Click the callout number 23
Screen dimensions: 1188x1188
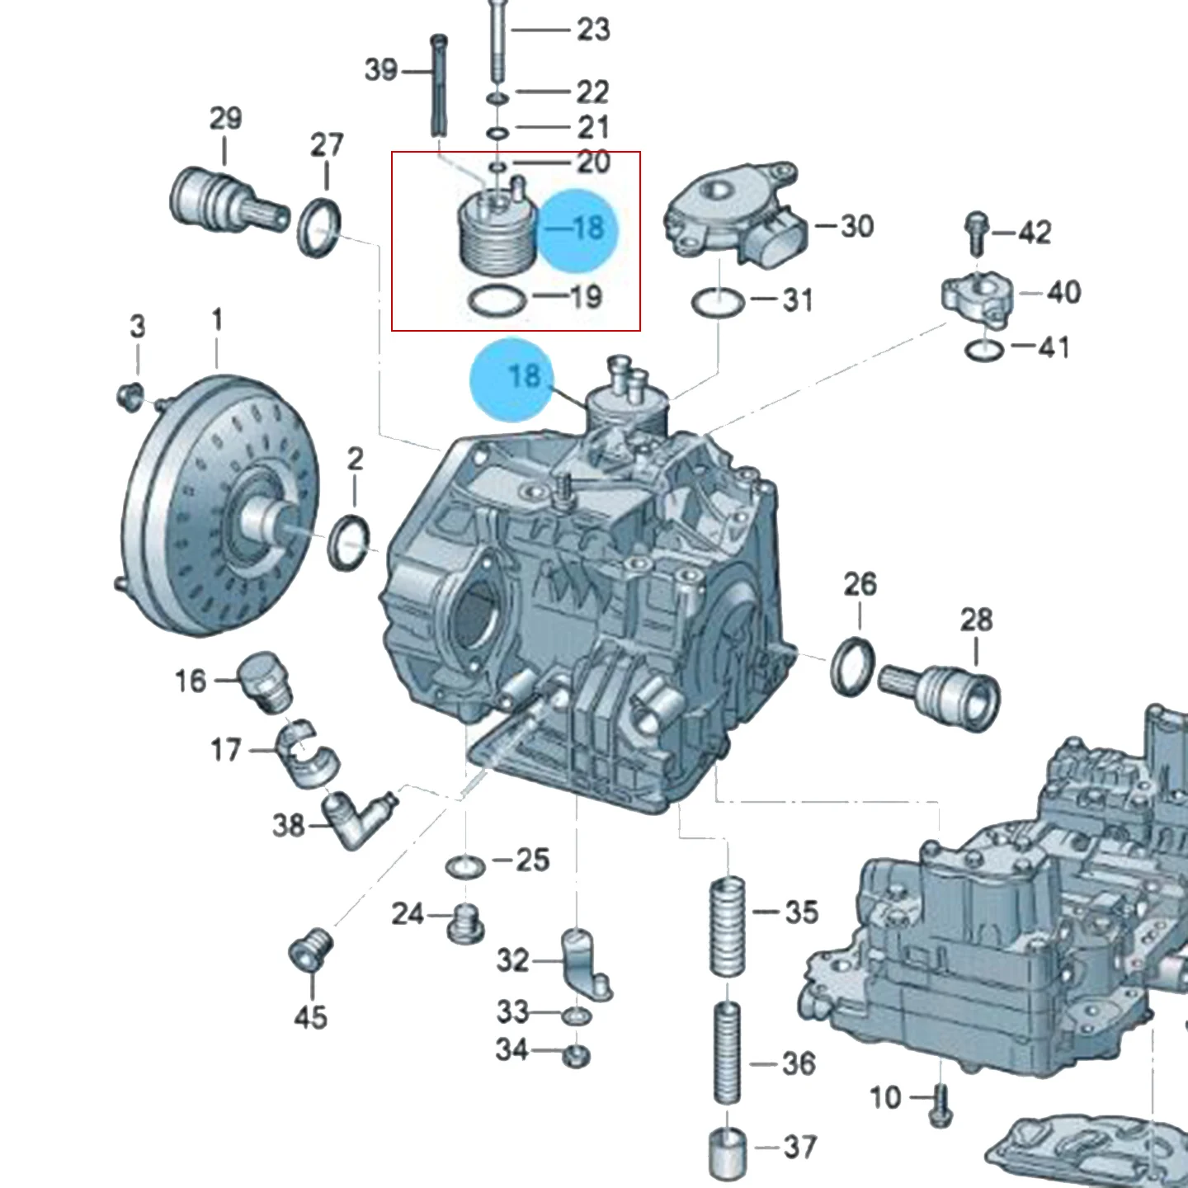point(593,30)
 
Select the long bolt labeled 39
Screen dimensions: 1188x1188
point(438,85)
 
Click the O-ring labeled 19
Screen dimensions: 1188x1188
point(497,301)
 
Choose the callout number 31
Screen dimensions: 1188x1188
point(798,300)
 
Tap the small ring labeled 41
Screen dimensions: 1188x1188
point(984,350)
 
